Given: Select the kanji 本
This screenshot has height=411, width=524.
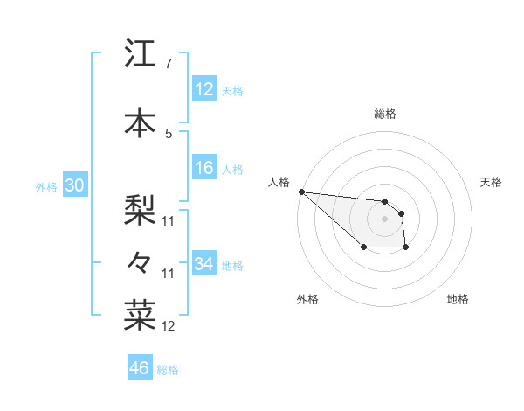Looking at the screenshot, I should coord(141,122).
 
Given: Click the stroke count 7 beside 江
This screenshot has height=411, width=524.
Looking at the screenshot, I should coord(168,64).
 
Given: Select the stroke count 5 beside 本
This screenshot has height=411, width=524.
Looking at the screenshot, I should coord(168,133).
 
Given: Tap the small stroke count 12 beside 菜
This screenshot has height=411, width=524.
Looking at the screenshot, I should coord(168,326).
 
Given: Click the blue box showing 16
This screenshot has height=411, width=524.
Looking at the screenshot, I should coord(204,169).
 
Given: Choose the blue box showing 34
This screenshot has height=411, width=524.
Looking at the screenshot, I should coord(204,263).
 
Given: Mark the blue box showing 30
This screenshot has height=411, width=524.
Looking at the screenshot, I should coord(74,185).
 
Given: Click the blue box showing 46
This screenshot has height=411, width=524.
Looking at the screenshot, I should coord(139,368).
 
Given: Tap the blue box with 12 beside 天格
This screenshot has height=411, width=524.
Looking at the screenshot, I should coord(204,89).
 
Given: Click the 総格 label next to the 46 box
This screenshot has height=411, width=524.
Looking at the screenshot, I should coord(168,370).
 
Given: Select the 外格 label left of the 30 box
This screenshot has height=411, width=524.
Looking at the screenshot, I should coord(46,187).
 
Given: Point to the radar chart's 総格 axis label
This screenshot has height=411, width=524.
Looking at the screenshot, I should coord(385,114).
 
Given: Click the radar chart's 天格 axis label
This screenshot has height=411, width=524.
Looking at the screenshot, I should coord(492,182).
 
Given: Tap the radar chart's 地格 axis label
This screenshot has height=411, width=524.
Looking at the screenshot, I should coord(458,299).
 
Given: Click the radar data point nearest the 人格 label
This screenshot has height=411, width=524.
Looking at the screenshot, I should coord(301,192).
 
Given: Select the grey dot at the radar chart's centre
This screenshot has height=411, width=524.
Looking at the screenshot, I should coord(384,218).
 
